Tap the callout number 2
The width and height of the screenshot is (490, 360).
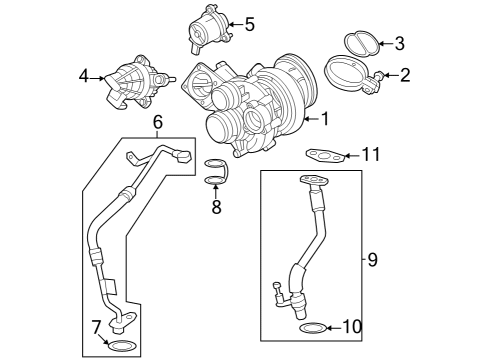click(x=405, y=75)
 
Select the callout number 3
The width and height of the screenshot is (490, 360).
click(x=399, y=43)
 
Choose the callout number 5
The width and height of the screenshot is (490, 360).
click(x=249, y=23)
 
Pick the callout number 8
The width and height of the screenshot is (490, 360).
click(x=215, y=208)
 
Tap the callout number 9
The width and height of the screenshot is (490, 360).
click(x=372, y=260)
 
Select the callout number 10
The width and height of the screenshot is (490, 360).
click(x=350, y=327)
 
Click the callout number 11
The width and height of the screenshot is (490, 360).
click(x=372, y=154)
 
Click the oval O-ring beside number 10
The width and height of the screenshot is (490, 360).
click(x=313, y=327)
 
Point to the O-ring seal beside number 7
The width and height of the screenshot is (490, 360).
click(x=120, y=346)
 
